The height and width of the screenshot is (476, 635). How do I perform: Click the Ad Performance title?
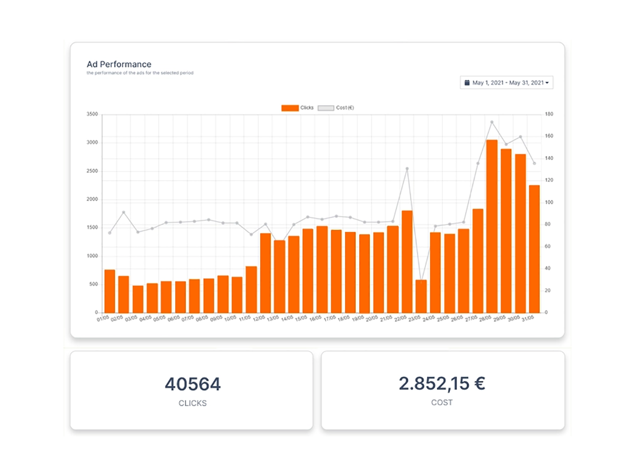point(119,64)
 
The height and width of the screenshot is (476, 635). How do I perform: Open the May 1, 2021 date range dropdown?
point(507,83)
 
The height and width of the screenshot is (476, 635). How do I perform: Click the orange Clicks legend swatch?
point(290,108)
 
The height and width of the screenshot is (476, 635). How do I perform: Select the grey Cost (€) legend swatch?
point(326,108)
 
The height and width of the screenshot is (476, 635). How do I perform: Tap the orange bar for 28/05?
point(492,226)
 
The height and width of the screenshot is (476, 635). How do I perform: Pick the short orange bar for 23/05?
point(421,296)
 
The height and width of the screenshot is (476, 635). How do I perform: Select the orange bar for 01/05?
point(110,291)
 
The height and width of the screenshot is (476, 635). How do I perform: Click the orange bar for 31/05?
point(534,249)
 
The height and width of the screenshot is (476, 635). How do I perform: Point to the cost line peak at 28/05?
point(492,122)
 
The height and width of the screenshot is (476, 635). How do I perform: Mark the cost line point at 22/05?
point(407,169)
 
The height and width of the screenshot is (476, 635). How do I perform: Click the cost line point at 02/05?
point(124,212)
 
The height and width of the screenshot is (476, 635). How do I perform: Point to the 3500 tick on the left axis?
point(92,114)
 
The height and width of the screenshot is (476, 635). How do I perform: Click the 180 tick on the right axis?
point(549,114)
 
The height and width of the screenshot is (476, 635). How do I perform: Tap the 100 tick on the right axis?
point(549,202)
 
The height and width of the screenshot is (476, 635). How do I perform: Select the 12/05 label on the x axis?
point(259,318)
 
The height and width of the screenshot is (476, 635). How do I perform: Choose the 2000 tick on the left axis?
point(92,199)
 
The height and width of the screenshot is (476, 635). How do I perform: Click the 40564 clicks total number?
point(193,384)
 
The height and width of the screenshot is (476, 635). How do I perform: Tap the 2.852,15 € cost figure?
point(442,384)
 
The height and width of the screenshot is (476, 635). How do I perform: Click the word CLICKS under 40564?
point(192,403)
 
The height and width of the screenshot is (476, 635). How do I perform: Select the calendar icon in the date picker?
point(467,83)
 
